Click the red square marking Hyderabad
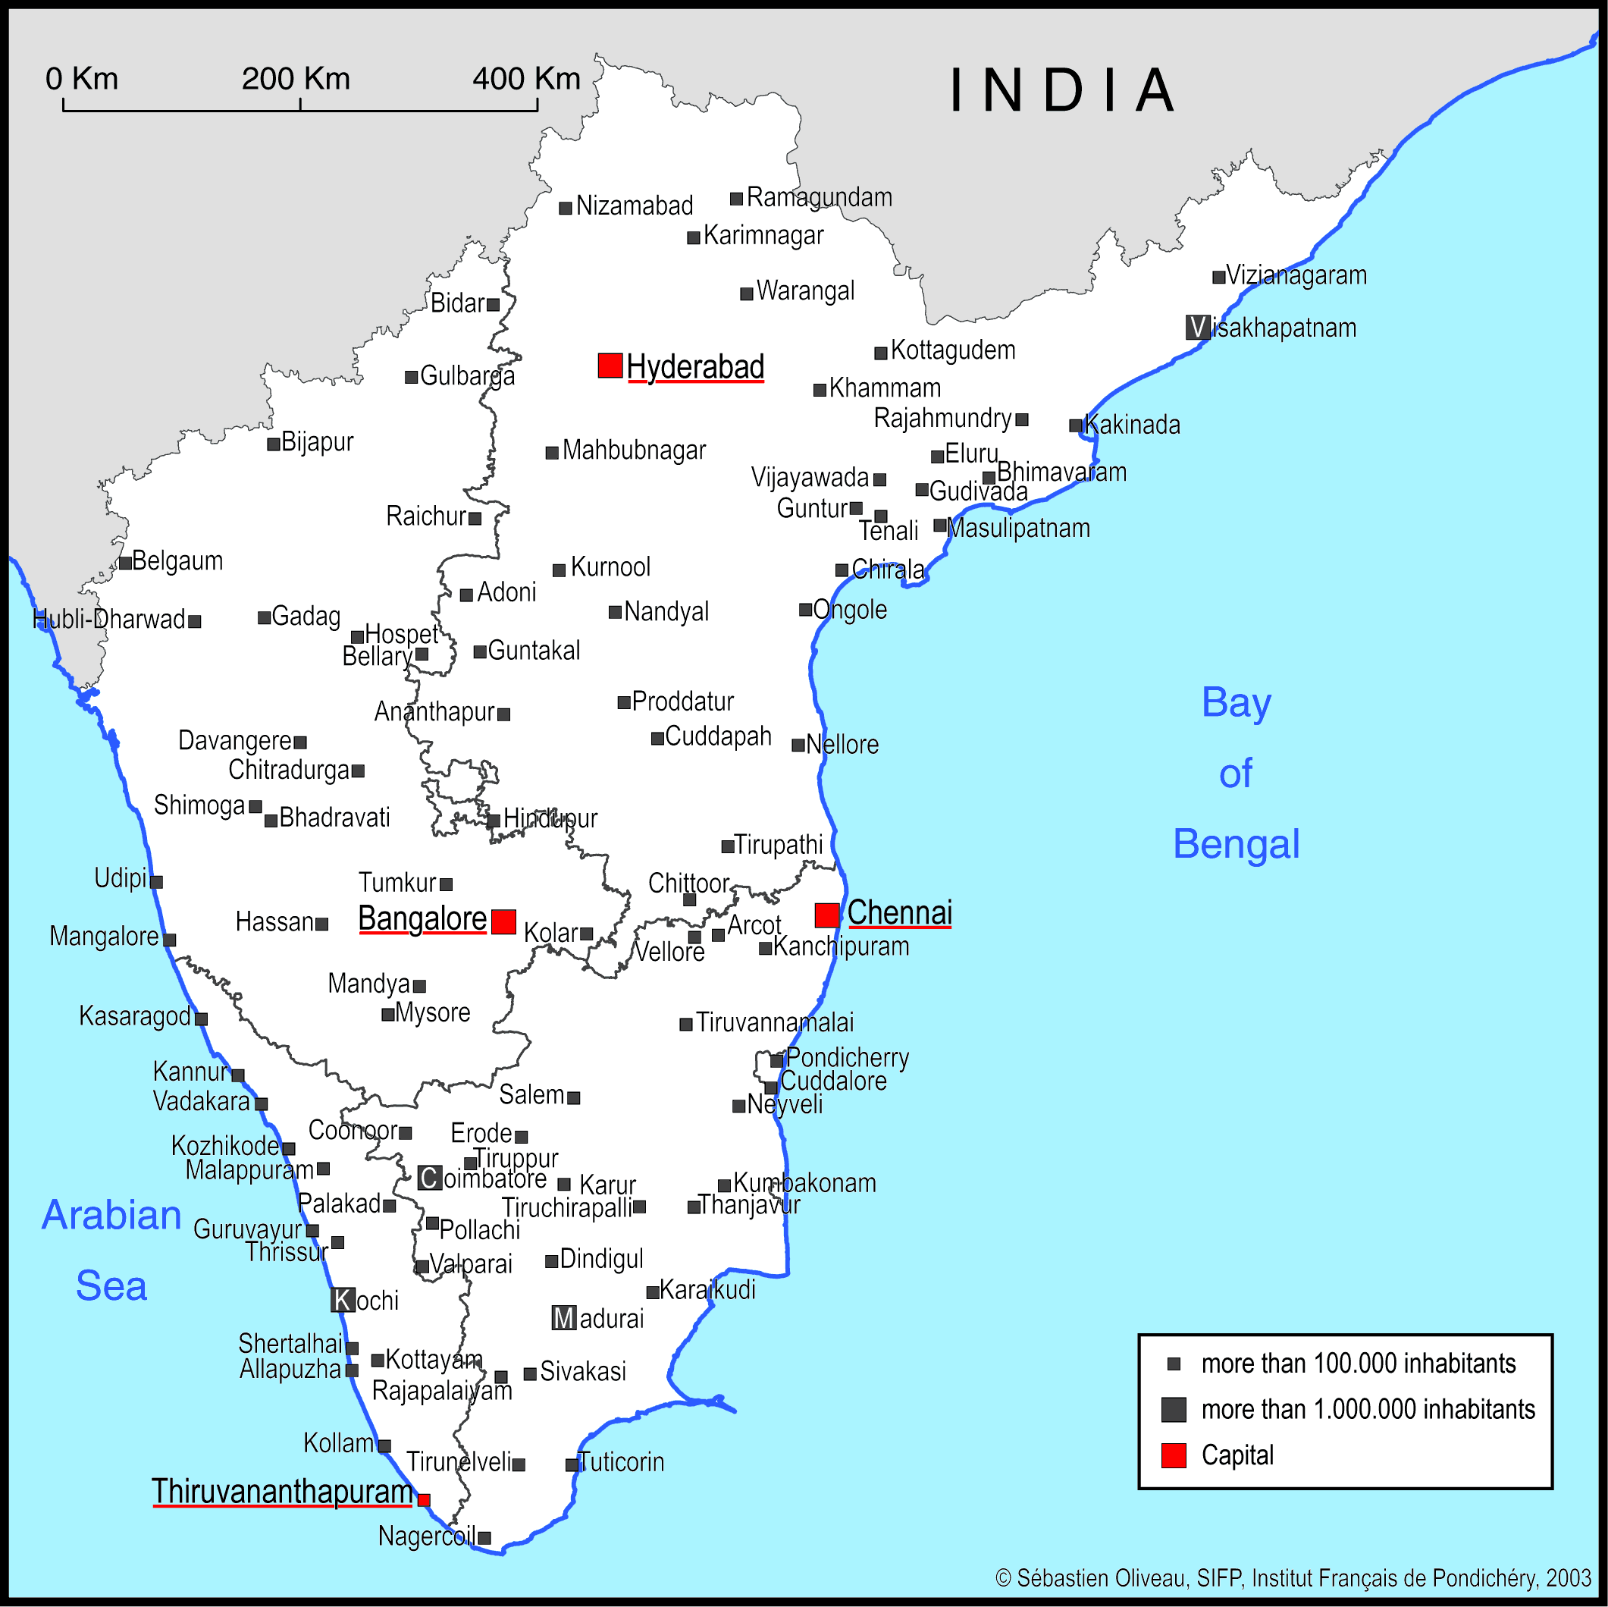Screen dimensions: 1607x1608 610,366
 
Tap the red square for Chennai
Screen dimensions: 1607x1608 826,915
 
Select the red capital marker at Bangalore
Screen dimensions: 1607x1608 503,921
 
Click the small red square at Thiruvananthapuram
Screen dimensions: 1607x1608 424,1499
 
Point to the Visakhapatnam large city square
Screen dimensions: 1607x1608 1198,327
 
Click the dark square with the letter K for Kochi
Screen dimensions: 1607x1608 343,1300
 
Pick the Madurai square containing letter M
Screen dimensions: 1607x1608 563,1318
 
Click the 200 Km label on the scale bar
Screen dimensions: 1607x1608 296,79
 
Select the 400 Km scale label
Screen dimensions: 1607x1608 526,79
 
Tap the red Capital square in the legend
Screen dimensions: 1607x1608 1174,1455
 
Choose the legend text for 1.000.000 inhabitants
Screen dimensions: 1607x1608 1368,1409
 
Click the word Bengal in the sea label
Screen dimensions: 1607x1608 1236,843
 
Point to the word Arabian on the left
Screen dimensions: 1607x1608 111,1215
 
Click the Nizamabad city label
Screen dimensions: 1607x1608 635,206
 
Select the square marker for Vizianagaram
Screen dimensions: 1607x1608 1218,278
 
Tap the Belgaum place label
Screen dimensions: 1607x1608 177,560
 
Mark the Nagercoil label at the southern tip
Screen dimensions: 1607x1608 426,1536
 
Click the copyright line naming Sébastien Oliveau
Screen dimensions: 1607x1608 1293,1578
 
